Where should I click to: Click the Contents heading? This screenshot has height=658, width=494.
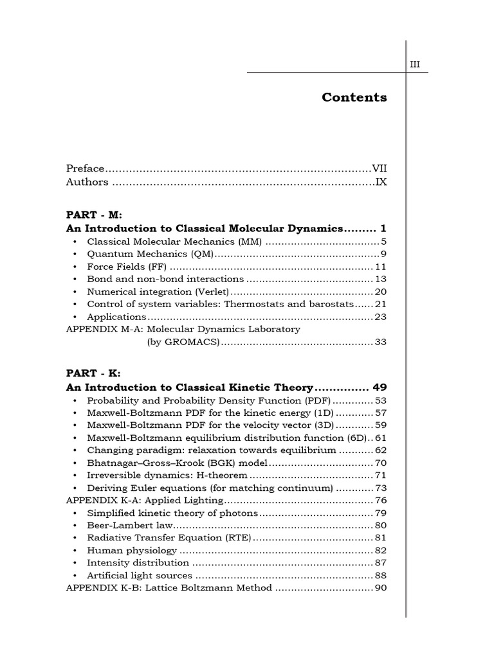(354, 98)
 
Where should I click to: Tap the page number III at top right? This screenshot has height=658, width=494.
(415, 64)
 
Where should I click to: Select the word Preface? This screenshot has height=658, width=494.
(85, 168)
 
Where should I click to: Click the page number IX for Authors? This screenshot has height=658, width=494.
(381, 182)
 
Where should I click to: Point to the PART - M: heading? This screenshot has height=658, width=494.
(94, 215)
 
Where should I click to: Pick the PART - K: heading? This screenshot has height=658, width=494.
(93, 373)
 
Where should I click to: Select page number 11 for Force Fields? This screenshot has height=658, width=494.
(380, 267)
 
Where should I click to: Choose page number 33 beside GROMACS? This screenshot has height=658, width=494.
(380, 342)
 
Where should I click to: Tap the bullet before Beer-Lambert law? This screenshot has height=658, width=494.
(75, 526)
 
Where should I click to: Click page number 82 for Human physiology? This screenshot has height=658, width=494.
(380, 551)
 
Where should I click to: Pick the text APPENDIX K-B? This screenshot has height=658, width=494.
(101, 588)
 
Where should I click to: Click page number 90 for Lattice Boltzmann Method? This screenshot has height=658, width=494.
(380, 588)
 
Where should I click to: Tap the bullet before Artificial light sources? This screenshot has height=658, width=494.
(75, 576)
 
